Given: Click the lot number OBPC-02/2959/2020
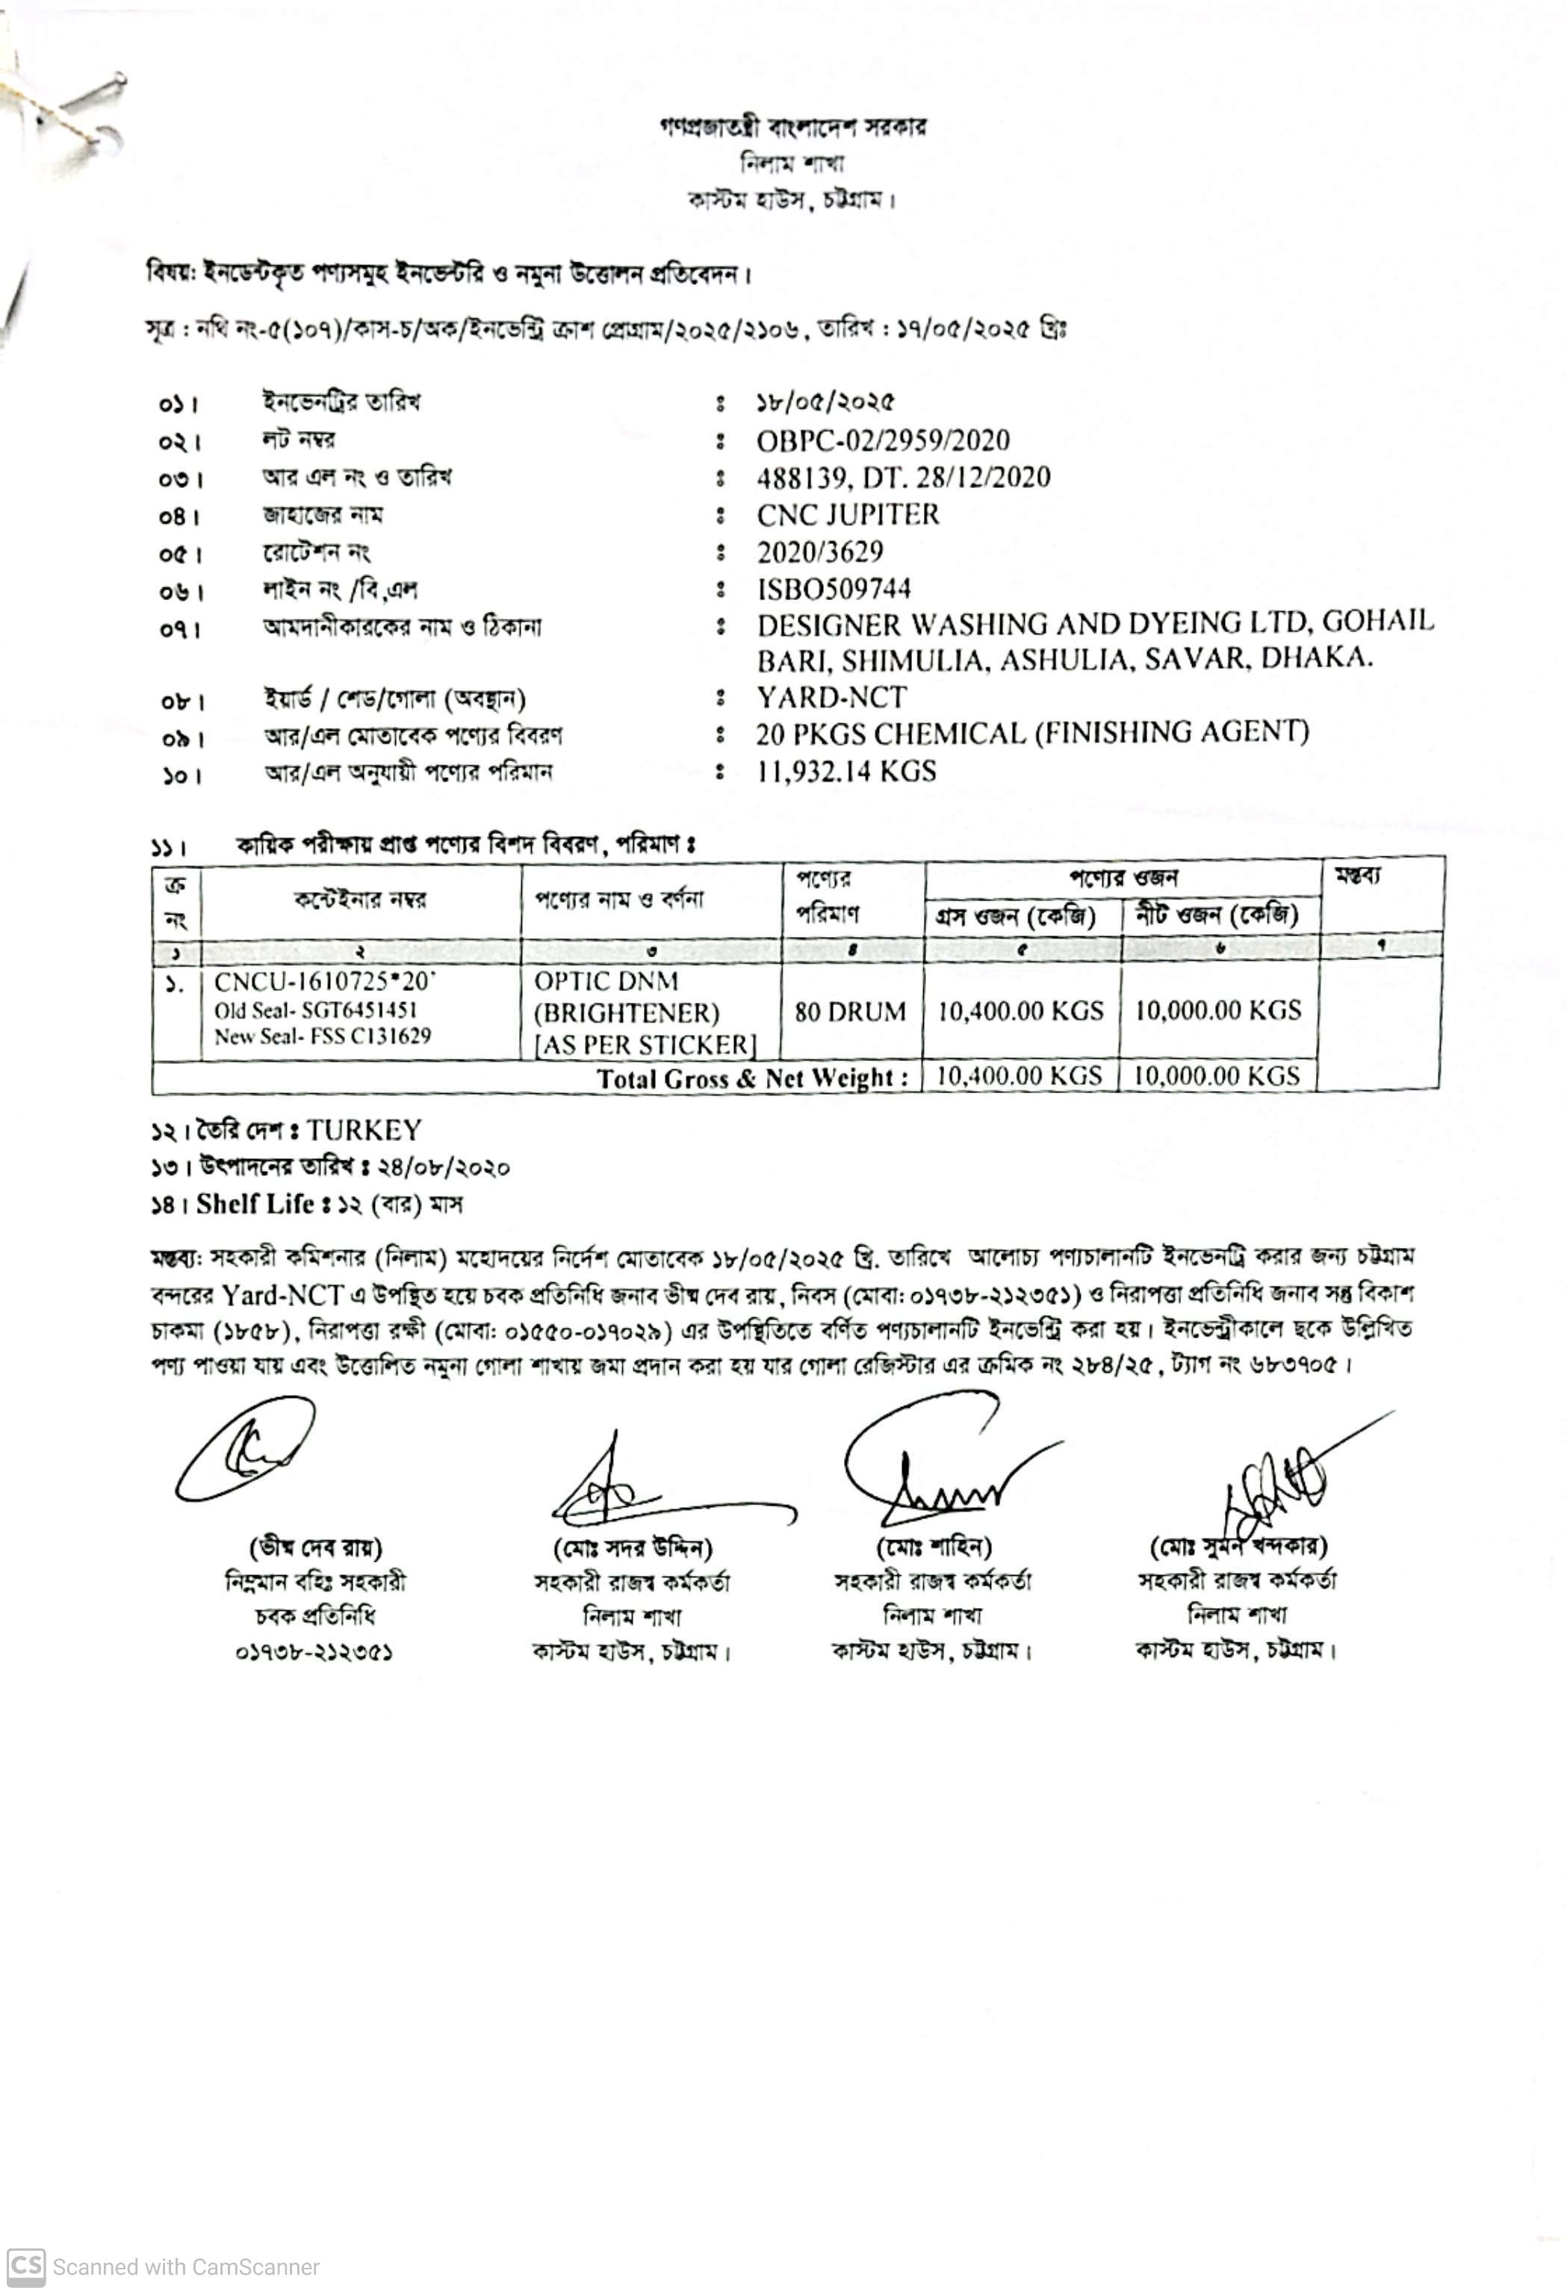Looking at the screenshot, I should (x=882, y=440).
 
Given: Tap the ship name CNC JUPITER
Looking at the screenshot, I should (x=848, y=514).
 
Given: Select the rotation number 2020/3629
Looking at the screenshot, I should (x=819, y=551).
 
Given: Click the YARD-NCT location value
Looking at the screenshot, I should (x=831, y=698).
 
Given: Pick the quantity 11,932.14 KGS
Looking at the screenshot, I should (x=845, y=771).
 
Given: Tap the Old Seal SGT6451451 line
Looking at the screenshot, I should (x=316, y=1010).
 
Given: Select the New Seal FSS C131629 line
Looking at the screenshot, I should (x=322, y=1036).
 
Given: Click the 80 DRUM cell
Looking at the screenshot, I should (x=850, y=1012).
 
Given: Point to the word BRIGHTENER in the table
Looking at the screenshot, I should (x=627, y=1014).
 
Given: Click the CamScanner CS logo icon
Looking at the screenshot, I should (x=25, y=2266).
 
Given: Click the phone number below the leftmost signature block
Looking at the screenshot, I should (x=314, y=1652).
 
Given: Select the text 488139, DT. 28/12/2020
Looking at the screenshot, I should (x=903, y=477).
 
